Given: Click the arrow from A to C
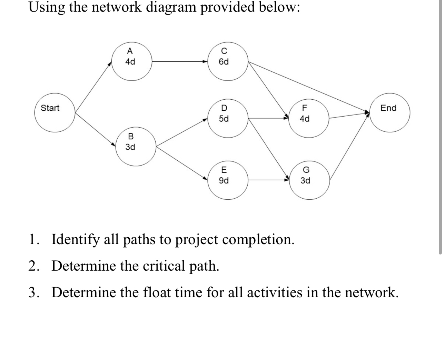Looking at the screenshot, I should (x=179, y=62).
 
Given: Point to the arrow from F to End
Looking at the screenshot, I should (x=348, y=115).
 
